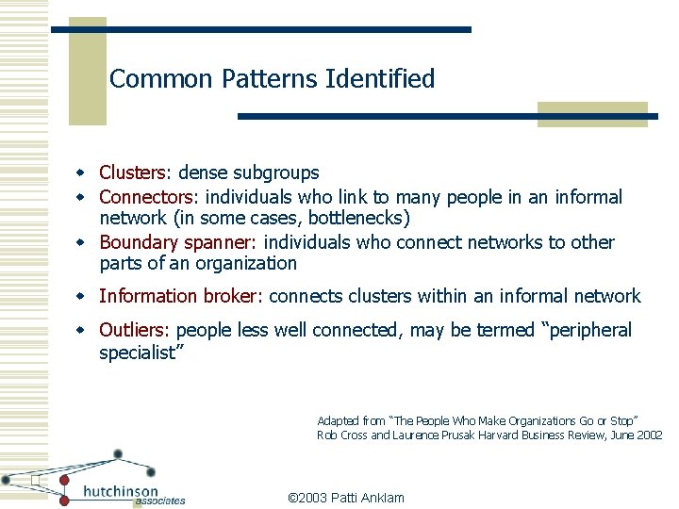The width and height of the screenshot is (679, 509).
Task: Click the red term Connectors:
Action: point(149,197)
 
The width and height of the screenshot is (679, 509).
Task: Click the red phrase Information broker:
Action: point(181,296)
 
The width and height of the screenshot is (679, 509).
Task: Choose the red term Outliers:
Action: point(135,330)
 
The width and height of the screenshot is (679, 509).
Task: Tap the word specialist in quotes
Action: point(141,353)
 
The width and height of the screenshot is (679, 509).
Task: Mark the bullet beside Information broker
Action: point(82,296)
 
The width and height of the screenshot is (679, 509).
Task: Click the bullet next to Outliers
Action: point(82,330)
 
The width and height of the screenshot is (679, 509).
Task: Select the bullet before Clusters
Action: point(82,172)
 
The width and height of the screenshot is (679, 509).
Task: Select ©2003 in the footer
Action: point(306,497)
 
